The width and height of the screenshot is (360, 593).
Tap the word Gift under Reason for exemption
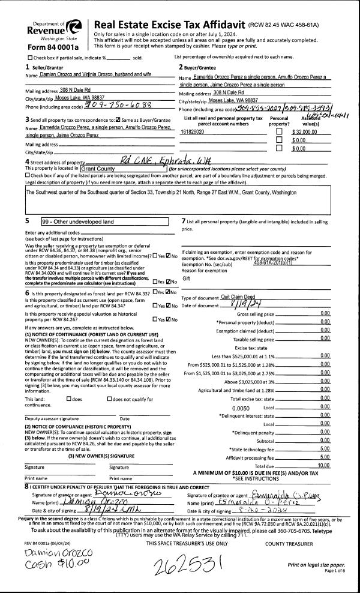[x=186, y=278]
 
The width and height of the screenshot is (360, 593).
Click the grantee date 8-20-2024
[x=253, y=511]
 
